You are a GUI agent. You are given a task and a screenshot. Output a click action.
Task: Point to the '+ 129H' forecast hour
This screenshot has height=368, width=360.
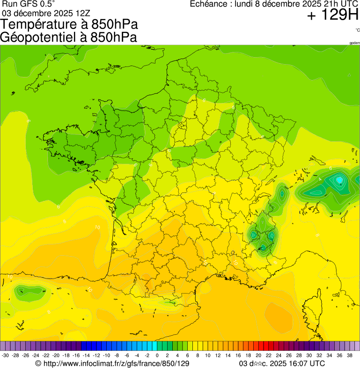(332, 16)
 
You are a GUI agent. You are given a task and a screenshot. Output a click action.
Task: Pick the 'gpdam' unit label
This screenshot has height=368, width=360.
(354, 43)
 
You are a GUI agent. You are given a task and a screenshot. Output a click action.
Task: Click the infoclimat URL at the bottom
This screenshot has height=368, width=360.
(116, 363)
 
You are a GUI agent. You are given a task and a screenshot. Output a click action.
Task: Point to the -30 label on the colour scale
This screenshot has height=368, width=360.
(5, 355)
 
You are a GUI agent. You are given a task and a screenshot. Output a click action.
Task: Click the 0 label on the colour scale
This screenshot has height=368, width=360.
(157, 355)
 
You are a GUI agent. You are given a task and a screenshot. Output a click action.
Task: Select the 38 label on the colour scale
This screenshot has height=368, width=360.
(349, 355)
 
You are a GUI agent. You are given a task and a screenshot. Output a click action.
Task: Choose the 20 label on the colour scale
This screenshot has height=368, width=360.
(258, 355)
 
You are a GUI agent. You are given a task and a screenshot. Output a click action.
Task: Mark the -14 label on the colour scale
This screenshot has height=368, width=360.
(86, 355)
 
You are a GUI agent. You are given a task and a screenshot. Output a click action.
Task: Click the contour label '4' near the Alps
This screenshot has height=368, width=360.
(320, 179)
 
